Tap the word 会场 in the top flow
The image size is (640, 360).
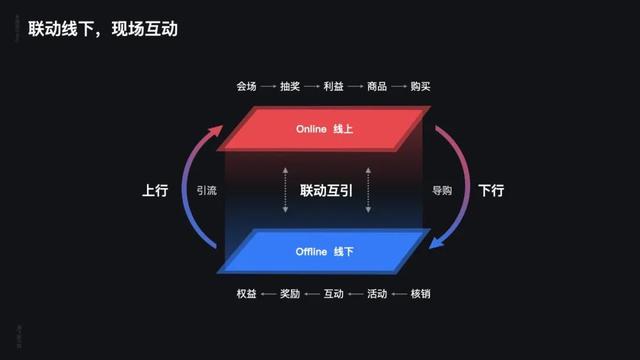[x=247, y=87]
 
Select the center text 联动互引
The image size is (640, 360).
[x=326, y=189]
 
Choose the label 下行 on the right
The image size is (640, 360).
[x=490, y=189]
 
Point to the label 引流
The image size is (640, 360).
[x=207, y=189]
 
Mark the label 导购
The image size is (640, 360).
[x=442, y=189]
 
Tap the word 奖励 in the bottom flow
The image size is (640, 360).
[x=290, y=294]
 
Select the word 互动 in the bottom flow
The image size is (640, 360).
[x=333, y=294]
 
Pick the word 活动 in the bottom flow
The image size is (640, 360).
[x=377, y=294]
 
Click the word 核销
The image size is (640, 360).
[x=420, y=294]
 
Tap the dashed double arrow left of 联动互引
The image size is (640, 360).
[x=285, y=189]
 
